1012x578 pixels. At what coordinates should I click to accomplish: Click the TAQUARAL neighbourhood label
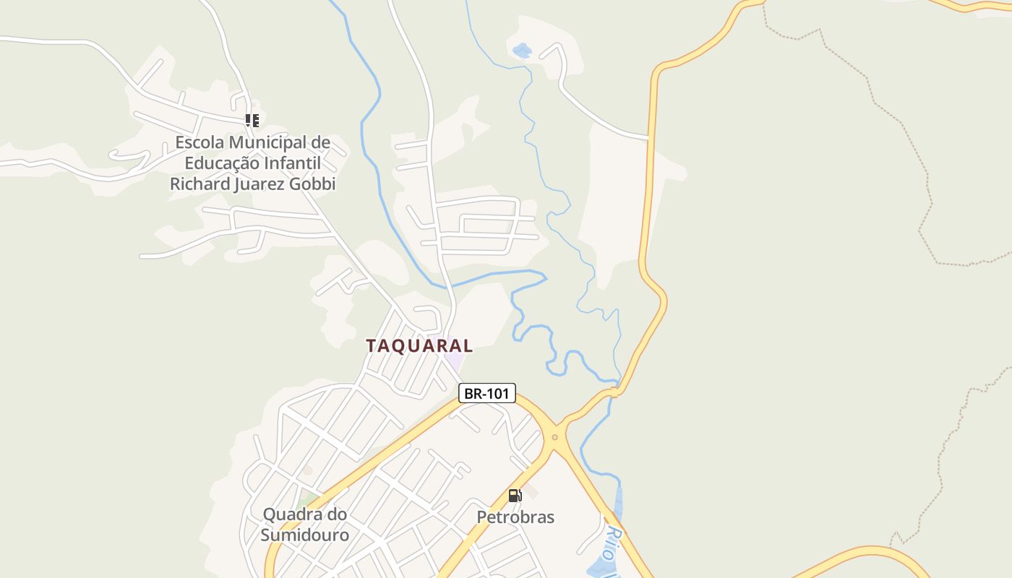tap(419, 345)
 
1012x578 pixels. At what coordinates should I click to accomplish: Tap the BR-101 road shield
tap(486, 394)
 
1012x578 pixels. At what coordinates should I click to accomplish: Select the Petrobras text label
tap(515, 517)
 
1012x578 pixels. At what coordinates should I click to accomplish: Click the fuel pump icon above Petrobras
tap(515, 496)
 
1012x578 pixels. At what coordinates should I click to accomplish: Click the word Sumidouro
tap(304, 535)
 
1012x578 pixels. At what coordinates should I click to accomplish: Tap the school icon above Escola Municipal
tap(252, 120)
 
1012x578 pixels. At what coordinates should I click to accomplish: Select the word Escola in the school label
tap(200, 142)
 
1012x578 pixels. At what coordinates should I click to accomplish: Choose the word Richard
tap(199, 184)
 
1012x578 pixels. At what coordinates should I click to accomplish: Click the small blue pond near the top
tap(521, 51)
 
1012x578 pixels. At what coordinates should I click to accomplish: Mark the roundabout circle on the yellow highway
tap(554, 437)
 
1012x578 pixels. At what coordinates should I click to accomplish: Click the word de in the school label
tap(320, 142)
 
